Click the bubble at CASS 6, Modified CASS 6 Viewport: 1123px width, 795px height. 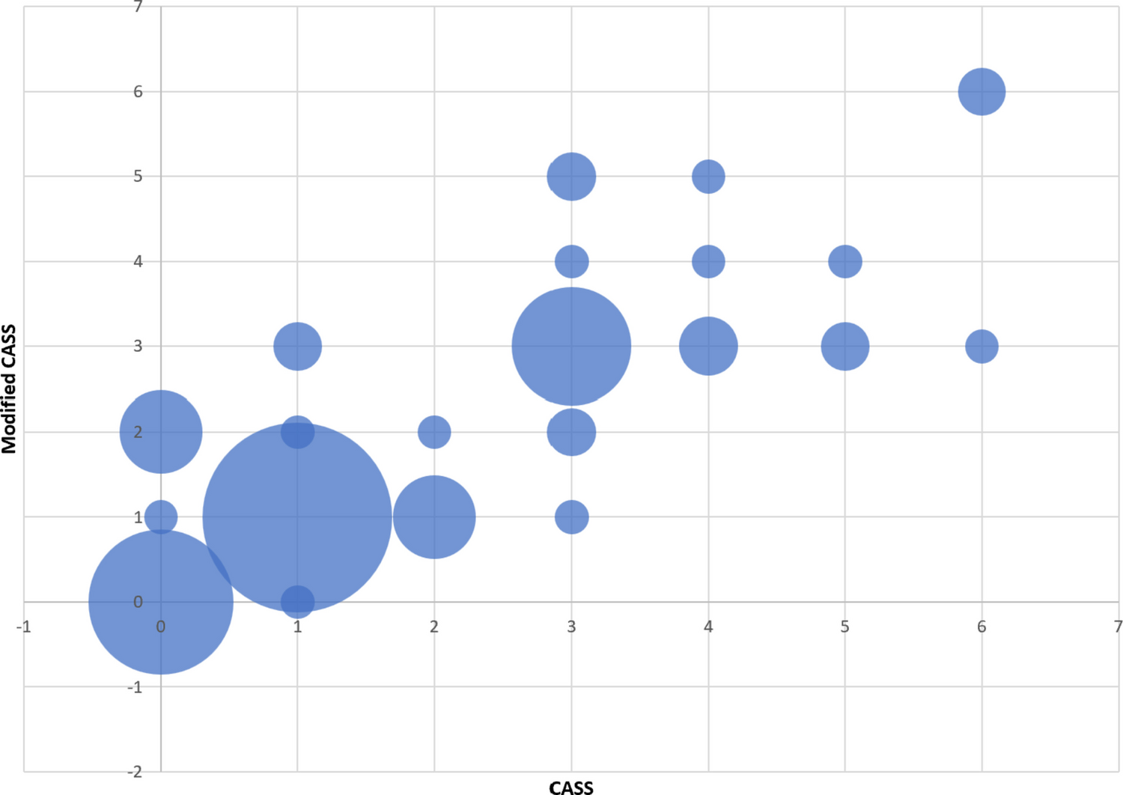[x=981, y=91]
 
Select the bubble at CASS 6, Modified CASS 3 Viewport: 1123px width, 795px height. [x=981, y=347]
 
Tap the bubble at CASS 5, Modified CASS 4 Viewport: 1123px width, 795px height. [x=844, y=261]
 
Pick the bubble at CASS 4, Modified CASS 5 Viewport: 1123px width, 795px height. [x=707, y=177]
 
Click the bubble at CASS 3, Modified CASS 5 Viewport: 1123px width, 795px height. [x=571, y=177]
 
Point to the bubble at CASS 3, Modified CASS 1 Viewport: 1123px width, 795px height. [x=571, y=517]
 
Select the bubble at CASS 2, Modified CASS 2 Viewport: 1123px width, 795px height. [x=434, y=432]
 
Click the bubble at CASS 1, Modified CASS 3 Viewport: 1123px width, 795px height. [x=297, y=347]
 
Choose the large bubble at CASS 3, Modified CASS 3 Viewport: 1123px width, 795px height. [x=571, y=347]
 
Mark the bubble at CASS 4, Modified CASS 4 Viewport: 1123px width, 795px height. [x=707, y=261]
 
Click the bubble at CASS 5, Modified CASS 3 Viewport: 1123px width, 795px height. [x=844, y=347]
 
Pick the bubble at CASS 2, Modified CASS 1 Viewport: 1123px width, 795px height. [x=434, y=517]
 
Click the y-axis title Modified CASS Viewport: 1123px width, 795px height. [x=9, y=389]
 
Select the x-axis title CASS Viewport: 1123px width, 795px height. [x=571, y=788]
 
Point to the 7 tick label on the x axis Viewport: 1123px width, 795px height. [x=1117, y=627]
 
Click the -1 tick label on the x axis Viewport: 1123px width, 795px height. [x=24, y=627]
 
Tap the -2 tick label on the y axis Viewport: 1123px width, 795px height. [x=135, y=772]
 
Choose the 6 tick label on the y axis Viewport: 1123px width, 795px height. [x=138, y=91]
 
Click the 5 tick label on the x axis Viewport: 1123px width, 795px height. [x=844, y=627]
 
